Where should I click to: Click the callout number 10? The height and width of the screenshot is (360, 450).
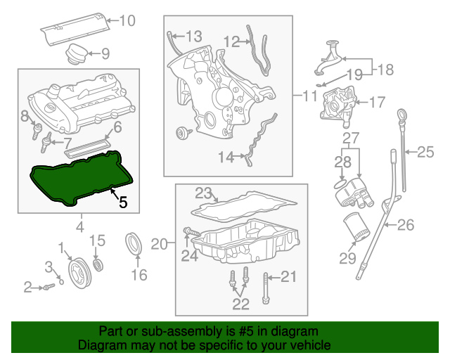click(x=127, y=20)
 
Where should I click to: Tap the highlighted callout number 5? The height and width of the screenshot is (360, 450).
click(x=122, y=202)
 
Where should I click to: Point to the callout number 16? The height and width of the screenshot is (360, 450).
click(x=139, y=274)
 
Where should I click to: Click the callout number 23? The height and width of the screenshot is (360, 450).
click(x=203, y=193)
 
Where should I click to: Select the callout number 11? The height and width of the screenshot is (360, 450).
click(x=310, y=95)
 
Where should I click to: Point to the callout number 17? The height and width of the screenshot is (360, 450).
click(x=377, y=103)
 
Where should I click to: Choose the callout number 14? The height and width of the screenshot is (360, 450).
click(x=225, y=158)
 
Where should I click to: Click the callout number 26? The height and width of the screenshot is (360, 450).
click(x=406, y=225)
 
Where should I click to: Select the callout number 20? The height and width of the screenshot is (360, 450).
click(x=159, y=244)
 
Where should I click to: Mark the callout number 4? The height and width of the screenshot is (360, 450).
click(x=79, y=226)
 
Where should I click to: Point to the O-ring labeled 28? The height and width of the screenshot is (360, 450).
click(x=340, y=185)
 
